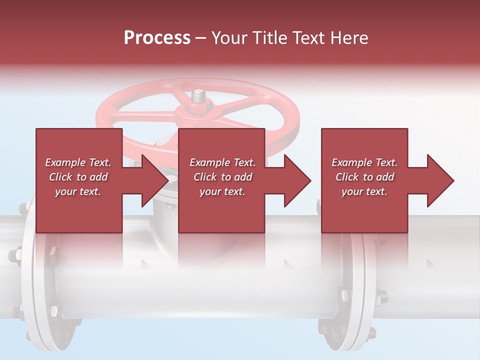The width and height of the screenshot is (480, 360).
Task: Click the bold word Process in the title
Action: pos(157,38)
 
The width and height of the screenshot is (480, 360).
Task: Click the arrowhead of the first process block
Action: pos(155,180)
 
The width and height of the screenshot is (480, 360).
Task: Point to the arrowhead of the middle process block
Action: pos(297,180)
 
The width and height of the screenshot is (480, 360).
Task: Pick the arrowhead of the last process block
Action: pos(440,180)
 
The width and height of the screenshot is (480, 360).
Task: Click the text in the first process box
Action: pos(78,177)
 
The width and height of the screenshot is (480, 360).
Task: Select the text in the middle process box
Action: pos(222,177)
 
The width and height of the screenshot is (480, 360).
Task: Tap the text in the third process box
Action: pos(364,177)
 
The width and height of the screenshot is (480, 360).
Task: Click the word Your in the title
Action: pos(229,38)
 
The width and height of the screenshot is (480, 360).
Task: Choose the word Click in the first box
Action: pos(61,177)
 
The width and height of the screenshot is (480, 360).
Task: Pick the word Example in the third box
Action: pos(351,162)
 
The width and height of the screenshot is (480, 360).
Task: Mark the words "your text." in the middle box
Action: pos(222,191)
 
